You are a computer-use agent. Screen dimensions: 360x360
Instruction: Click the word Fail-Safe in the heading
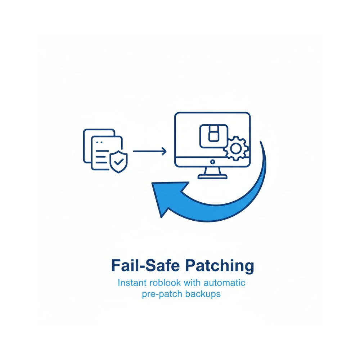[145, 265]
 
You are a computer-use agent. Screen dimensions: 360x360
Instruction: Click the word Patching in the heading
[220, 266]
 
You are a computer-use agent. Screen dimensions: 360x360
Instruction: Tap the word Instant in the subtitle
[132, 283]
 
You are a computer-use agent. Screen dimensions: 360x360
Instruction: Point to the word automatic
[224, 283]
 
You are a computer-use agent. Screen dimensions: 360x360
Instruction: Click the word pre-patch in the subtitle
[162, 294]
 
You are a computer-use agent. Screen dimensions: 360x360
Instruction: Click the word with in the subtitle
[192, 283]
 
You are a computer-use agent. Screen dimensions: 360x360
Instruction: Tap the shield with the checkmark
[118, 162]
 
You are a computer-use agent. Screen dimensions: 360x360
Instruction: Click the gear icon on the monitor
[236, 149]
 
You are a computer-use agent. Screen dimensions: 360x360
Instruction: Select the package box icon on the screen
[214, 136]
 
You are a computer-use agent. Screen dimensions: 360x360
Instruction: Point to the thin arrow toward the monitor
[150, 151]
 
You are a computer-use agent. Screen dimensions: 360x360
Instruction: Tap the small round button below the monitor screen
[213, 162]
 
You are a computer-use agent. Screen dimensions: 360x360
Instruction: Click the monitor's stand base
[213, 176]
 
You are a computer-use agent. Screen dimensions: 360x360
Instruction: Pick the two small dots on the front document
[99, 142]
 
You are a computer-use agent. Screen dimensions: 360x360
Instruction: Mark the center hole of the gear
[236, 149]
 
